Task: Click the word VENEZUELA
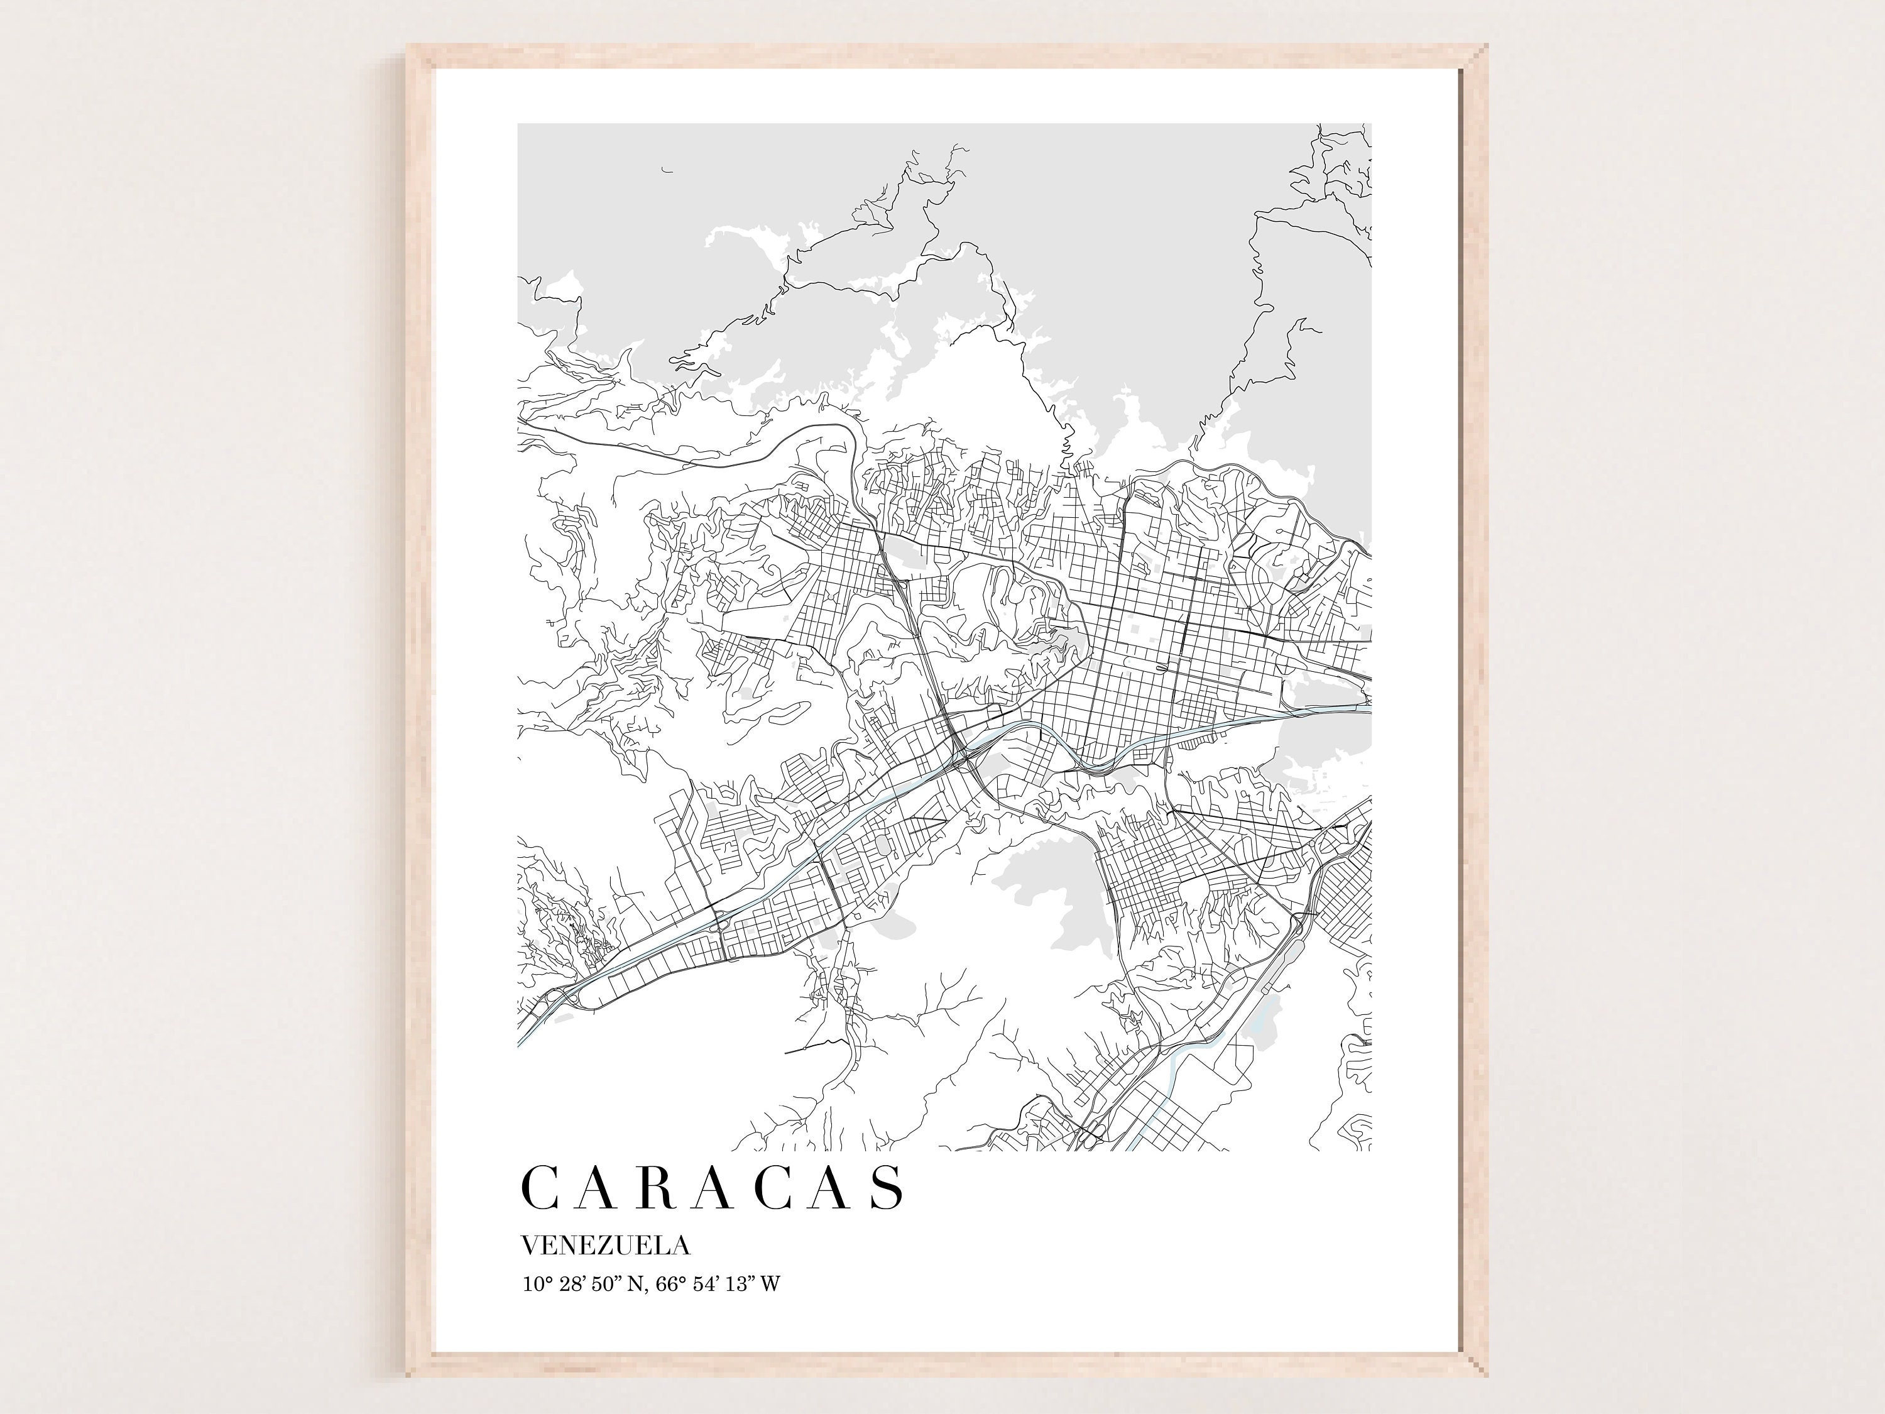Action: pos(605,1246)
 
